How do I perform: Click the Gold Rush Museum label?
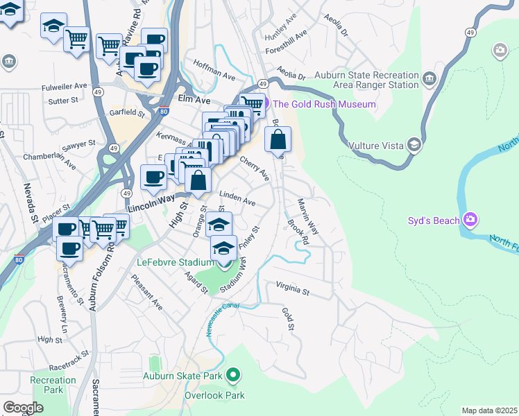(x=324, y=105)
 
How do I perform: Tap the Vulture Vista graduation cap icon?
(x=415, y=144)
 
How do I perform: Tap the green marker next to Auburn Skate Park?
(x=233, y=376)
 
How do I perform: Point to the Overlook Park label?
(x=214, y=396)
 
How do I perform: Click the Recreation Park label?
(x=53, y=385)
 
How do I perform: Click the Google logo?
(x=23, y=407)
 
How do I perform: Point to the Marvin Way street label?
(x=307, y=216)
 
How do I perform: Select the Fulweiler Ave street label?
(x=64, y=87)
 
